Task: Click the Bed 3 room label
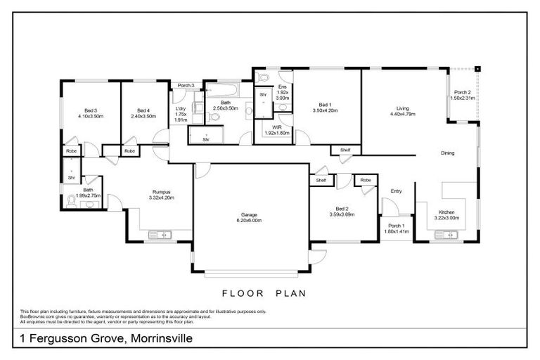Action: [90, 110]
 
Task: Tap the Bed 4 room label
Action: [143, 110]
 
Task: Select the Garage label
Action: [251, 217]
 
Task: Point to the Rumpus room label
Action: [162, 192]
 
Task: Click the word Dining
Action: [447, 153]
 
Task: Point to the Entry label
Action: [396, 190]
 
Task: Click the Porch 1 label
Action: [394, 225]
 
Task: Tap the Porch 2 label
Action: [462, 93]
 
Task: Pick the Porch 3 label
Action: [186, 86]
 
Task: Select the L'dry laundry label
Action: [180, 109]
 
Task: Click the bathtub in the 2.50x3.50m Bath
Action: [222, 90]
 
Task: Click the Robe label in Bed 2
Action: [365, 181]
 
